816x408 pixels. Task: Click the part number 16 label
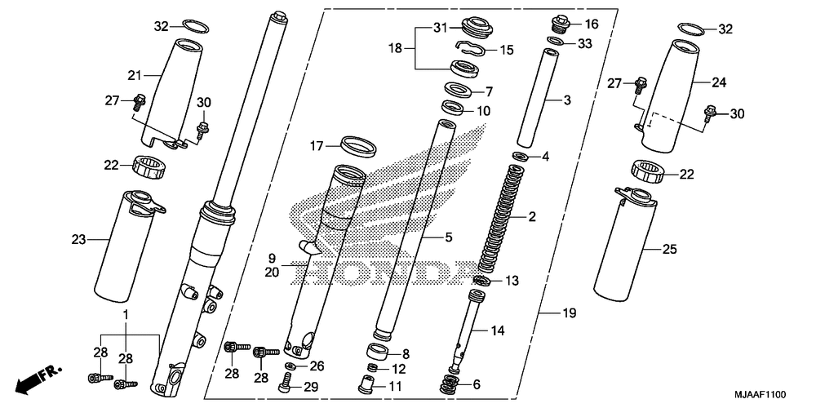click(x=592, y=24)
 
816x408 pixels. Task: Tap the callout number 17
click(x=317, y=147)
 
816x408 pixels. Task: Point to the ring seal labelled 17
click(x=358, y=146)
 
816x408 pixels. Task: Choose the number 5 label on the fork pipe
click(x=447, y=237)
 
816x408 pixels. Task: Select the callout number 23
click(x=78, y=240)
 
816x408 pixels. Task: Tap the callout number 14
click(x=498, y=331)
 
